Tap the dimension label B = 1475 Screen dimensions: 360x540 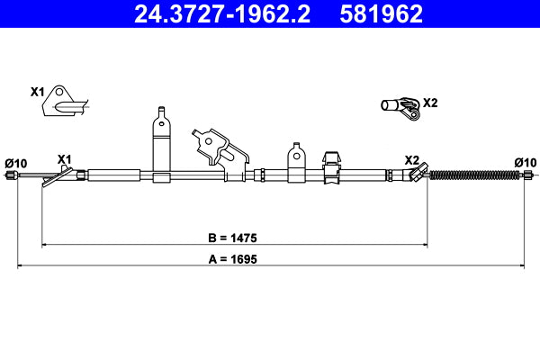(x=233, y=238)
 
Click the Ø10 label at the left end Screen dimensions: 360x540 (x=16, y=163)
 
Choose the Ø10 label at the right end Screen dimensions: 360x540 (x=525, y=162)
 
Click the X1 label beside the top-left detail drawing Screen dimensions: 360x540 (x=37, y=92)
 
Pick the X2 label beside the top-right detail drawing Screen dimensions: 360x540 (x=430, y=103)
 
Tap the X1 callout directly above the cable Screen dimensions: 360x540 (x=64, y=158)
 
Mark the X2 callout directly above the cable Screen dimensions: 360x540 (x=412, y=159)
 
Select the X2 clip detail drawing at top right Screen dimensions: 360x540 (x=400, y=107)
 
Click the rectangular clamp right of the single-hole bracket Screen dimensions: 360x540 (x=330, y=163)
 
